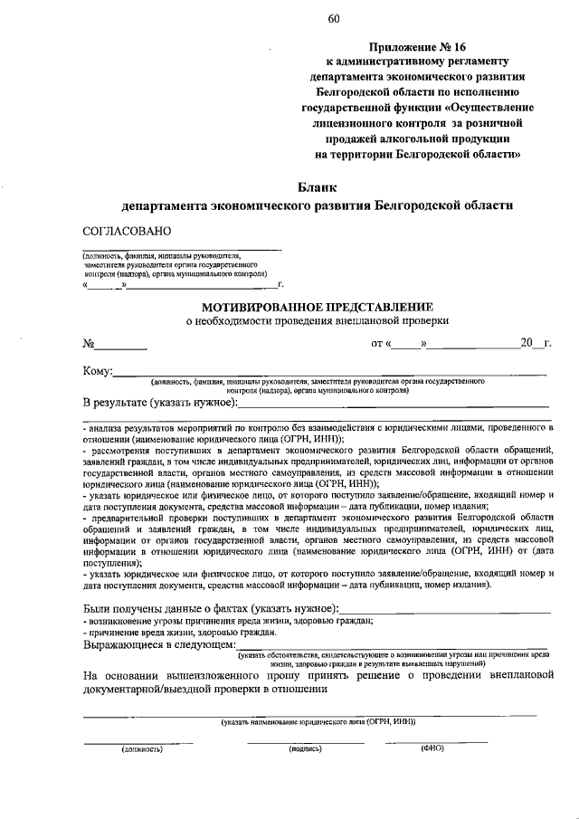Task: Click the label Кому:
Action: pos(98,371)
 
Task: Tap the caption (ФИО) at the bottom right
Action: pos(432,748)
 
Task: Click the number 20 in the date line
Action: pos(527,343)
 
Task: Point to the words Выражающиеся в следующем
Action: pos(158,645)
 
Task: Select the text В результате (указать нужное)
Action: pos(160,401)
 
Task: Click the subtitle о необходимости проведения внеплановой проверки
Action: pos(317,320)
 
